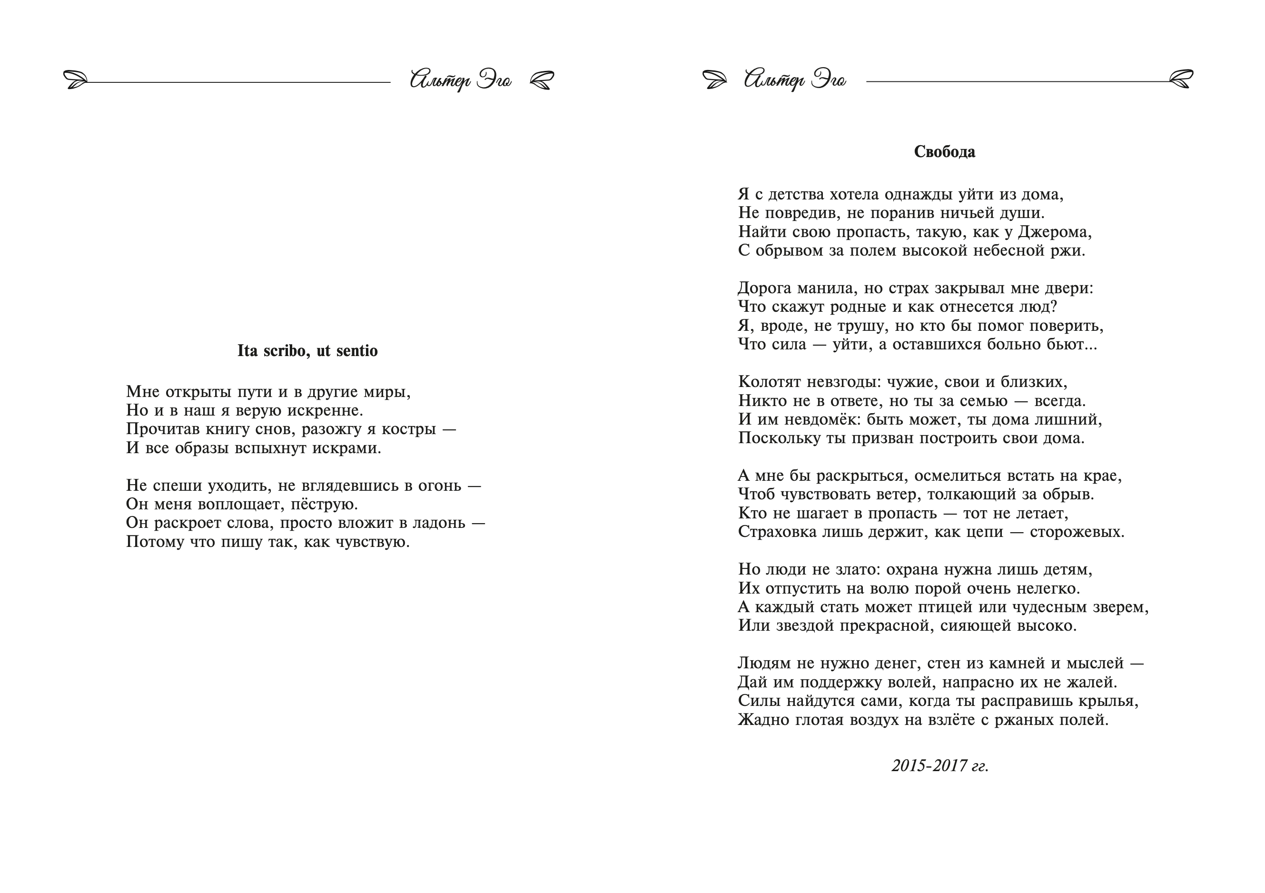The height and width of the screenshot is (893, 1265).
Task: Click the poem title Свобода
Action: [x=944, y=152]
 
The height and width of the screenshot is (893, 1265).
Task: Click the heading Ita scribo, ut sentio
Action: [x=307, y=351]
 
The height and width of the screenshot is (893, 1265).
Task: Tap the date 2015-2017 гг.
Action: [x=940, y=765]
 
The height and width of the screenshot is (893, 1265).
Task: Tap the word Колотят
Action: [x=770, y=382]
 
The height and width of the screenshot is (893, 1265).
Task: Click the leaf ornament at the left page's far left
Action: [x=76, y=80]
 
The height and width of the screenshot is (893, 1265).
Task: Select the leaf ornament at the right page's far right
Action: [x=1181, y=80]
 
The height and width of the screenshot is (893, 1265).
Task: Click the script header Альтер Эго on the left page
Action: [x=461, y=80]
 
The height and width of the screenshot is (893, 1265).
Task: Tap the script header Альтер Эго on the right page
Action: [x=794, y=80]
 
